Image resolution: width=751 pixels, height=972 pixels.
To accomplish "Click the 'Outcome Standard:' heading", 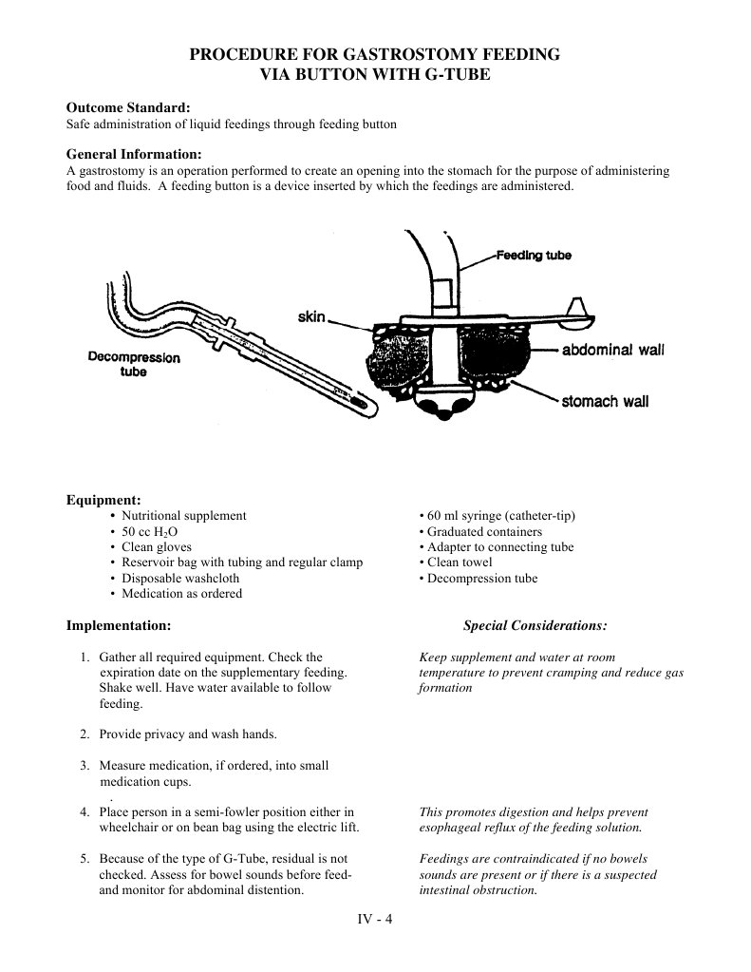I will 127,109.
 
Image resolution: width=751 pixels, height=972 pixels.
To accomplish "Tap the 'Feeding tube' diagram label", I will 534,256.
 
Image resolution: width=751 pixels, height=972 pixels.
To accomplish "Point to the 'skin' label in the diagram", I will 312,316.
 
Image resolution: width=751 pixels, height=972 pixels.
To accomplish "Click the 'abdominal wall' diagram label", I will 613,350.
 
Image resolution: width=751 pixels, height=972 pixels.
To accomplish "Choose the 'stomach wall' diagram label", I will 605,401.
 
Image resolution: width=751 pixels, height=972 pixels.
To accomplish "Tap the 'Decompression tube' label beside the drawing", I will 133,365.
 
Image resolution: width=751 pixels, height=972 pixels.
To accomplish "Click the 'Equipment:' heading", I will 103,500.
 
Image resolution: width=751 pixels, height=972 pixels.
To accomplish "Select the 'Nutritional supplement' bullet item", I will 183,515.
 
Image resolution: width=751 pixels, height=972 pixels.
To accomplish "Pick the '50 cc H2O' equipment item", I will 152,531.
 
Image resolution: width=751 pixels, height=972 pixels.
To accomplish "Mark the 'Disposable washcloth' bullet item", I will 180,578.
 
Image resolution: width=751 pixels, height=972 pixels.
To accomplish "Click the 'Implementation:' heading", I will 119,626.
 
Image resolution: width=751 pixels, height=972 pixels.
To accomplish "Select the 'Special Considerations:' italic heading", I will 535,626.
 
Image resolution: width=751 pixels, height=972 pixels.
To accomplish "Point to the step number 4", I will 84,812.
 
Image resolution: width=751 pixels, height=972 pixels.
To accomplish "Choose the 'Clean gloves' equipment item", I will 157,546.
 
